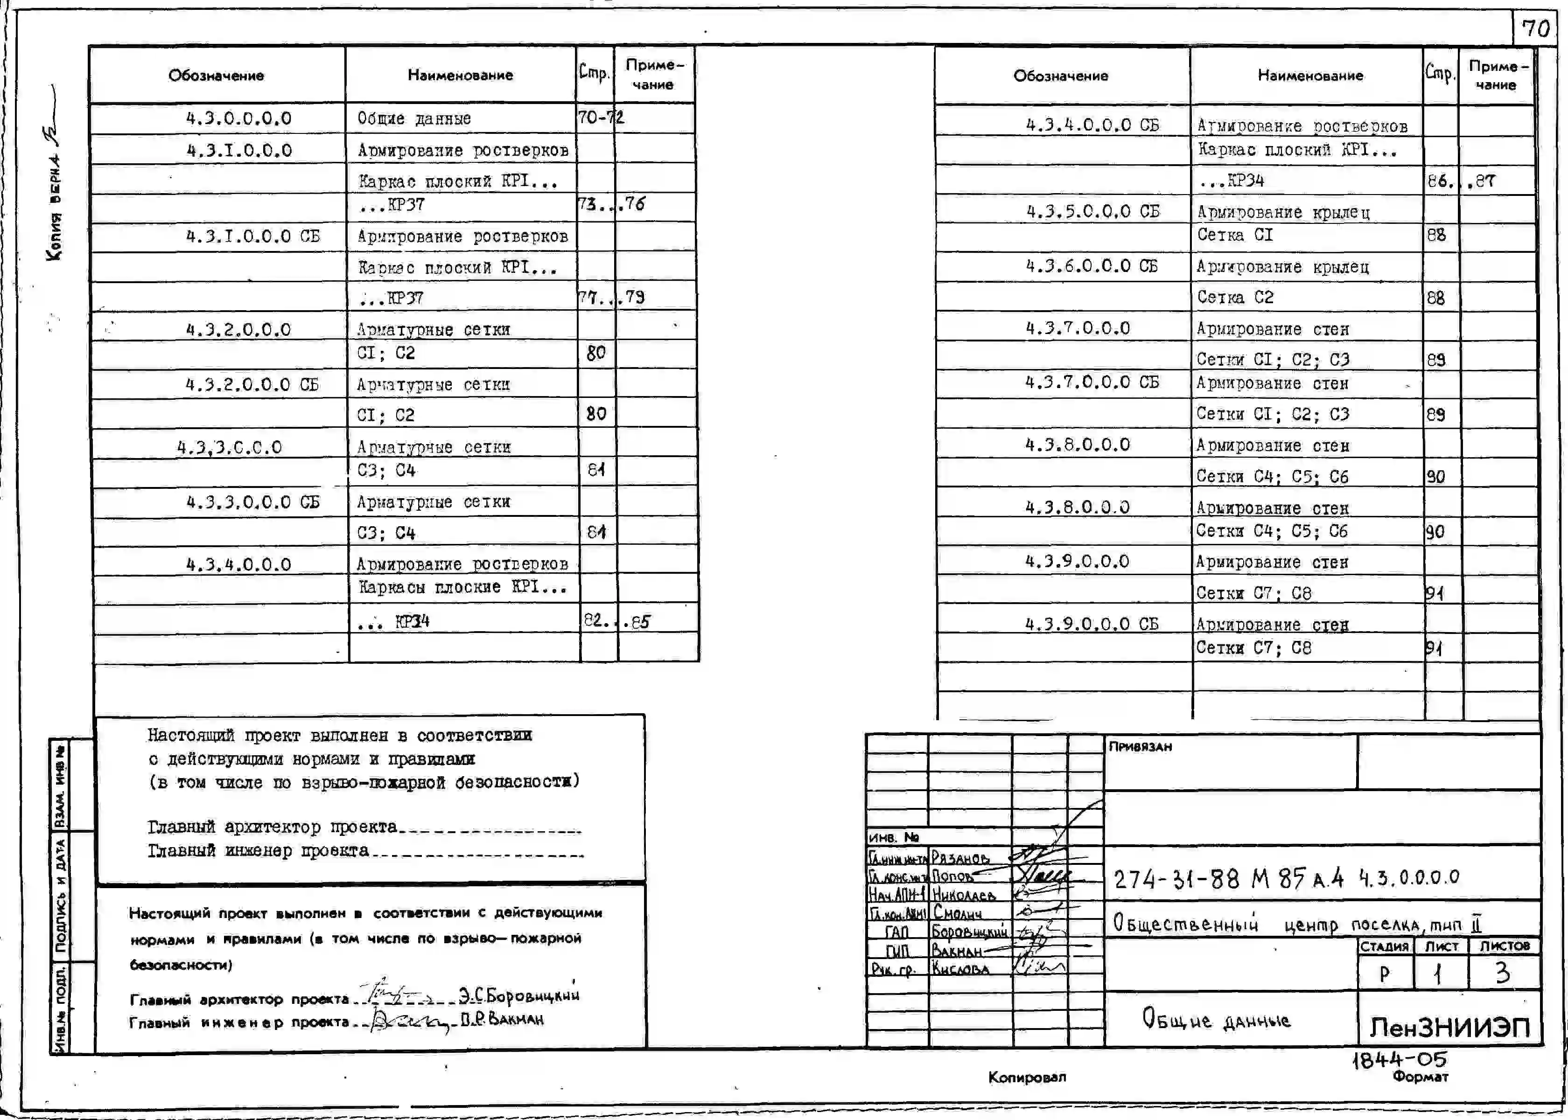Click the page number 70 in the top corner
(x=1536, y=28)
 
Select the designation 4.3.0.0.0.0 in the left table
(x=238, y=118)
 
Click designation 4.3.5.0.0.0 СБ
(x=1093, y=212)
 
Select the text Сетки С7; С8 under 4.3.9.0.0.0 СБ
(x=1253, y=648)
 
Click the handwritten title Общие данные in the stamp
(x=1216, y=1019)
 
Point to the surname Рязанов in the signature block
(x=960, y=858)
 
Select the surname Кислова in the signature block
(x=960, y=969)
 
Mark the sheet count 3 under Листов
(x=1503, y=973)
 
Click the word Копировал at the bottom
(x=1027, y=1077)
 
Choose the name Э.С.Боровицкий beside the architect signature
(x=519, y=995)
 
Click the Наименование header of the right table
(x=1309, y=76)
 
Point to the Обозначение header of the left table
(x=216, y=76)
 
